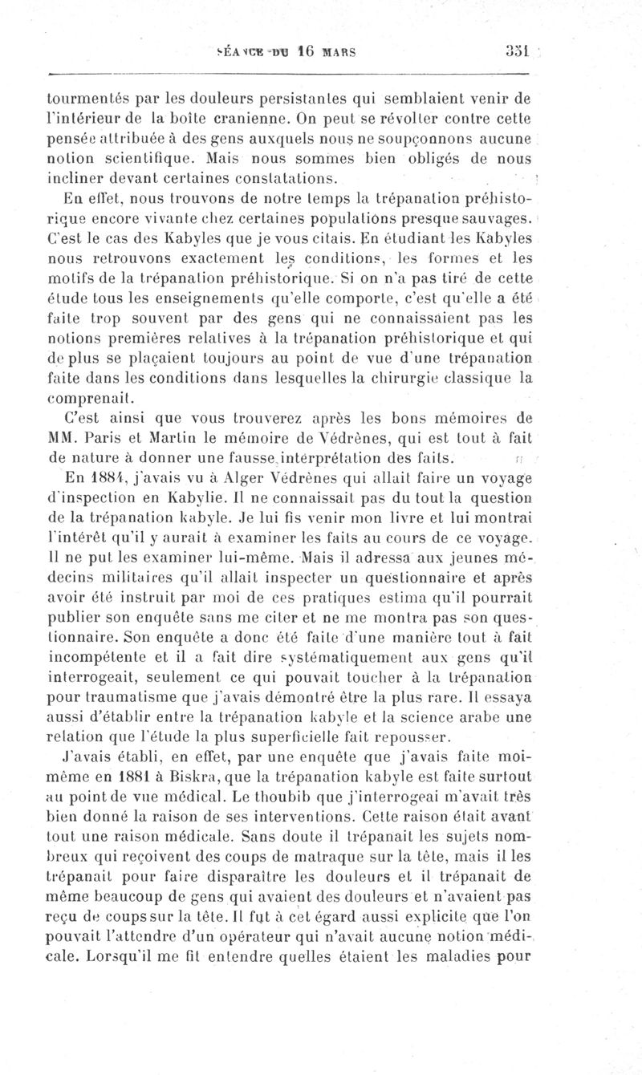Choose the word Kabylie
[x=172, y=497]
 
